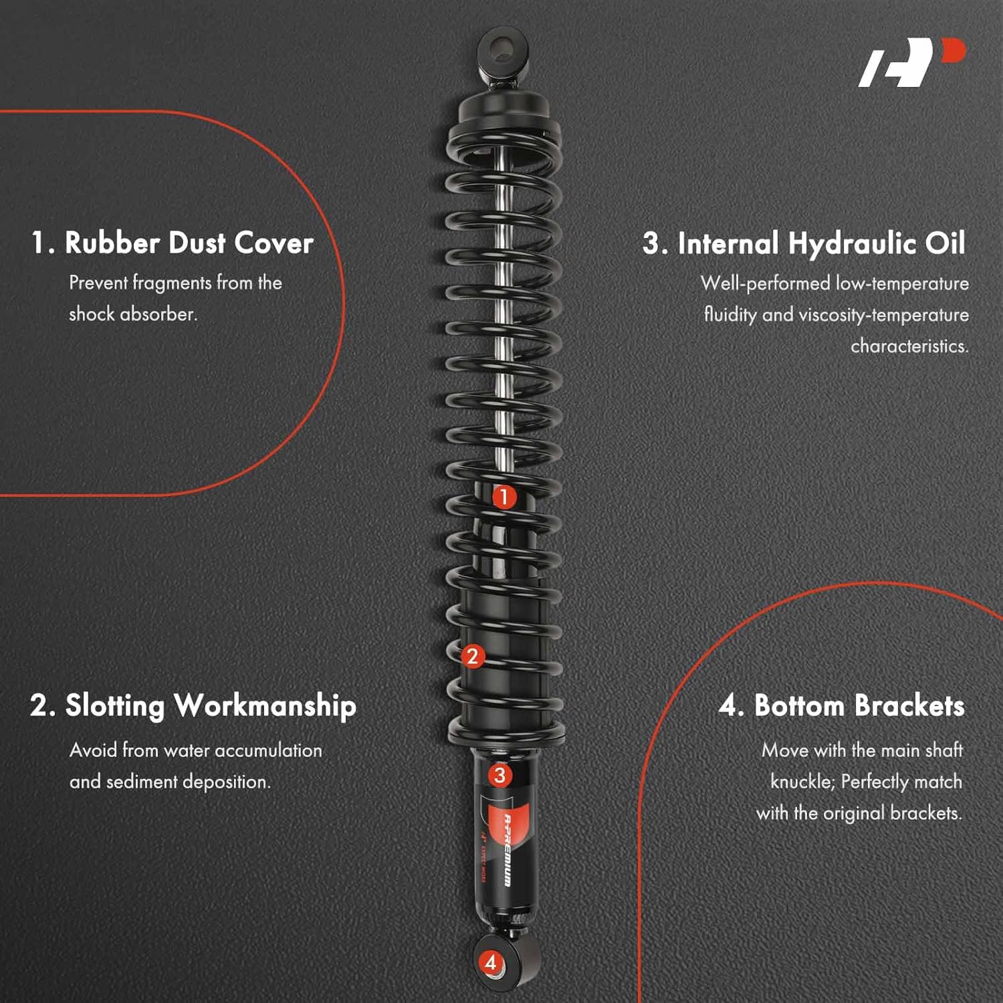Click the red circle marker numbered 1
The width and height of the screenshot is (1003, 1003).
click(504, 497)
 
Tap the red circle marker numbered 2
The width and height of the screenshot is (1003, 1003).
click(473, 656)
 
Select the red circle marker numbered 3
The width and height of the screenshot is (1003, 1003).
click(499, 776)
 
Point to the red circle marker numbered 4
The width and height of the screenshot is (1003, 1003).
click(491, 962)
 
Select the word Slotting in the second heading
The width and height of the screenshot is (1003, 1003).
click(114, 706)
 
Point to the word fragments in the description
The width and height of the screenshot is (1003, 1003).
click(173, 283)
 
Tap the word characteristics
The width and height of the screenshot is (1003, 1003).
click(909, 346)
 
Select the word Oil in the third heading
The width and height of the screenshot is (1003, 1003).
click(945, 243)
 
